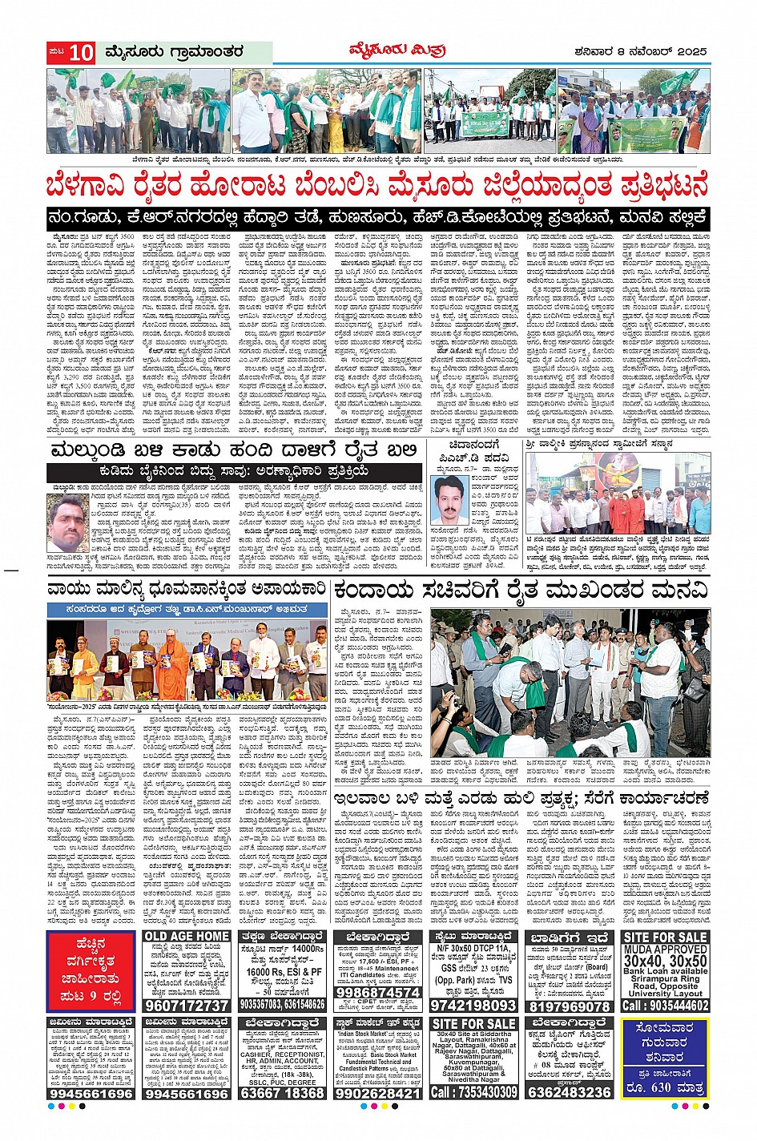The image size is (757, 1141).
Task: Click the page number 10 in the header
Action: coord(81,53)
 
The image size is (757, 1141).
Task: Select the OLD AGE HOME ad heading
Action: coord(187,937)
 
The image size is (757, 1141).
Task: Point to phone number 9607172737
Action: coord(187,1005)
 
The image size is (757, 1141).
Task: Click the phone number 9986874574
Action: coord(377,992)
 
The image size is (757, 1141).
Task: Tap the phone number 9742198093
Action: coord(473,1005)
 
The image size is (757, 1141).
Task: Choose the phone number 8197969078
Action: coord(569,1006)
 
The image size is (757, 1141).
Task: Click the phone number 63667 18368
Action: coord(282,1093)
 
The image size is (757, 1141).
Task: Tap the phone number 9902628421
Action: coord(377,1093)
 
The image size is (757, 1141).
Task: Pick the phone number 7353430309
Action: coord(473,1092)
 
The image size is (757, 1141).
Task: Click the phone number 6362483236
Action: coord(570,1092)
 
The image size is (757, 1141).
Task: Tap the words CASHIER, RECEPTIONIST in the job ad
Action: coord(282,1054)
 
